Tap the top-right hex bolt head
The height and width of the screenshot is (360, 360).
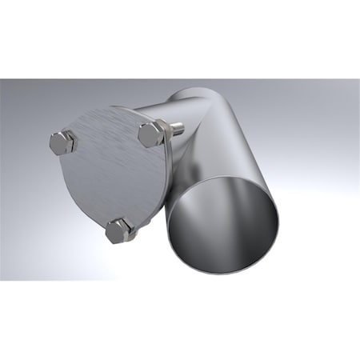pyautogui.click(x=150, y=134)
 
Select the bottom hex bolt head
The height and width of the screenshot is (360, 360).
pyautogui.click(x=118, y=230)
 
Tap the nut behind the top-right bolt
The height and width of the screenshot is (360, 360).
pyautogui.click(x=166, y=130)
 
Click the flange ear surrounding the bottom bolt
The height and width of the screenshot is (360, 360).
pyautogui.click(x=132, y=224)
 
